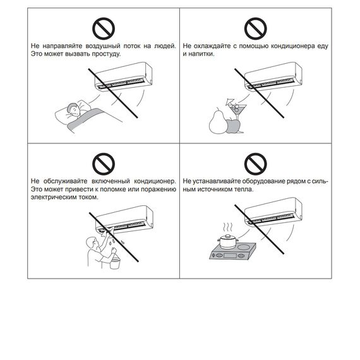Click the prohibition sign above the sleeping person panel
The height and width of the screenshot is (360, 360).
click(104, 28)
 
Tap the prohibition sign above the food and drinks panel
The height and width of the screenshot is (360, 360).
click(256, 28)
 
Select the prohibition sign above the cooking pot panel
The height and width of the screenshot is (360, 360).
click(256, 164)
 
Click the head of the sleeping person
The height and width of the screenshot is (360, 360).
click(74, 110)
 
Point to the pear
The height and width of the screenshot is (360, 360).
click(217, 121)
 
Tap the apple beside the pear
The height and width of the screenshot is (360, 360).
click(232, 126)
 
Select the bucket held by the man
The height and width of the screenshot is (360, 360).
click(115, 263)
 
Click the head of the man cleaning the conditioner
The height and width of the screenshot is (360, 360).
click(92, 243)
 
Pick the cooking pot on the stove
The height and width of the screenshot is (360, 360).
click(228, 241)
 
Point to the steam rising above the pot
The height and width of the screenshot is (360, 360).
click(228, 227)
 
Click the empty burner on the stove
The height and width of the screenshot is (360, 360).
click(244, 247)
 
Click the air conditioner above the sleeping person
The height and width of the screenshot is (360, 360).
click(124, 76)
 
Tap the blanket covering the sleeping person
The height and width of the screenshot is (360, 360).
click(85, 119)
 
